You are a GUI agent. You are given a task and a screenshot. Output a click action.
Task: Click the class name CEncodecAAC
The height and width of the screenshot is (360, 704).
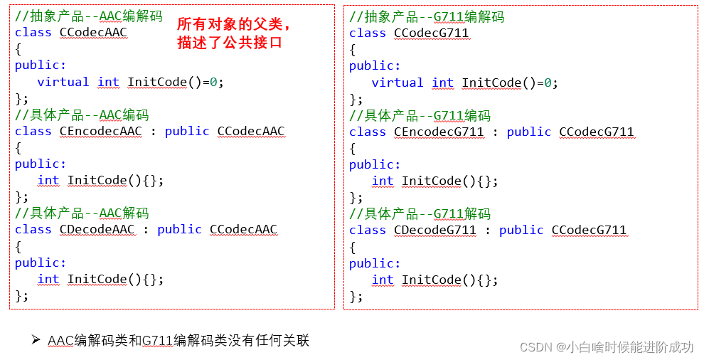101,131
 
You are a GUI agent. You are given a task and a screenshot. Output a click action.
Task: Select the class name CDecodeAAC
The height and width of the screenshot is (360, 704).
97,229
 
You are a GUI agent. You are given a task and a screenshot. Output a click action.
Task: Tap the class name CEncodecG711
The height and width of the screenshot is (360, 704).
439,132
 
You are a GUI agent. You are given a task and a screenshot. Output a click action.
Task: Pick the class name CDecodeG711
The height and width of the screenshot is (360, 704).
435,230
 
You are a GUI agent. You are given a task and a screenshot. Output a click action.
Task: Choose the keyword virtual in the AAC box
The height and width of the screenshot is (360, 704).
63,82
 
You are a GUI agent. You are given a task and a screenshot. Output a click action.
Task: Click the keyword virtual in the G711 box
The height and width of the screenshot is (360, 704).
398,83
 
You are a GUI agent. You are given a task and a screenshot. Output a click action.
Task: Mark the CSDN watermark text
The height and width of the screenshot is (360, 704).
606,346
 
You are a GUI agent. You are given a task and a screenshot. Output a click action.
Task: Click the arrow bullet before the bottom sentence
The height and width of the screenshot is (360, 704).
36,340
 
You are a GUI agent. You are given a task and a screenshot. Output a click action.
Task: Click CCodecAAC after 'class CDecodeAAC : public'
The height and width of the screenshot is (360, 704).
243,229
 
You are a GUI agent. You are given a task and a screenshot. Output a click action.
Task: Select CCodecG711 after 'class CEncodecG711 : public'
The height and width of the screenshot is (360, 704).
596,132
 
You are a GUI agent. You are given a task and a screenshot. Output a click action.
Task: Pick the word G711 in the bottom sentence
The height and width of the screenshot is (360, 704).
158,340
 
